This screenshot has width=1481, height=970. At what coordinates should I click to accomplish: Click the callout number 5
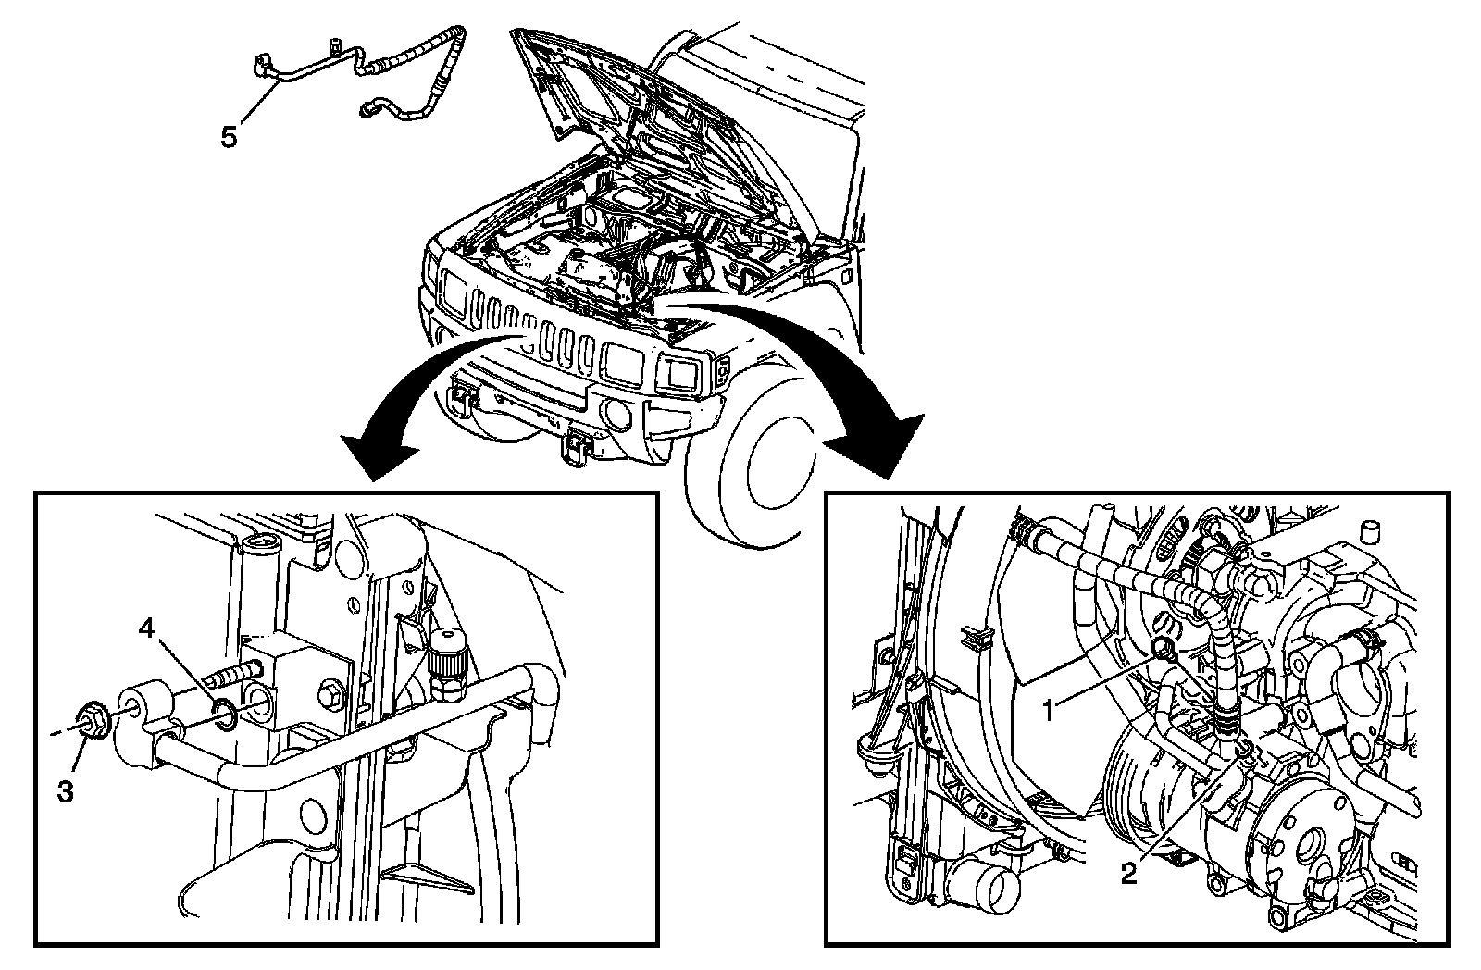229,138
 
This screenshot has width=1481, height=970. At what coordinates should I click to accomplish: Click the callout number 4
147,628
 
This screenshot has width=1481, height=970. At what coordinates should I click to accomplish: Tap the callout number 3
65,790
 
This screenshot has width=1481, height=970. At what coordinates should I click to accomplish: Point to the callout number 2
1128,874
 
